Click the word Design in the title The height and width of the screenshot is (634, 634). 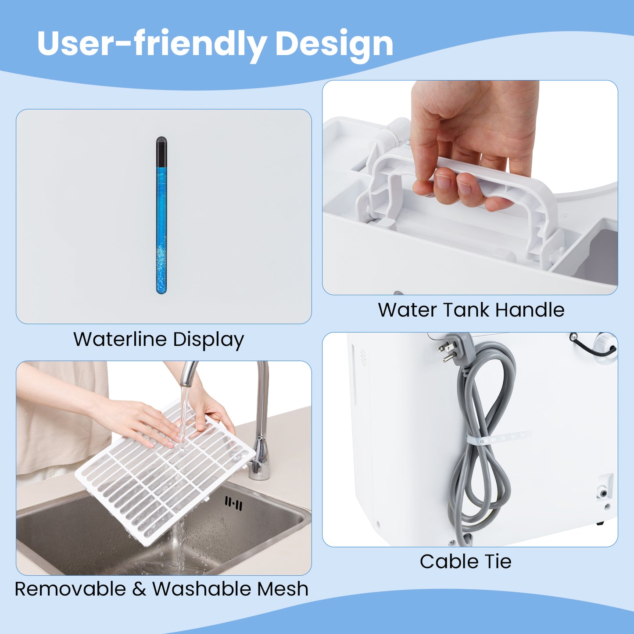pos(334,44)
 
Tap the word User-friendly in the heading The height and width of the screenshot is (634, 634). pos(152,44)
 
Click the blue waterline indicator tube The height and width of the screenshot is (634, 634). pos(161,228)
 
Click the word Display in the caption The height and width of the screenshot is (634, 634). pos(208,340)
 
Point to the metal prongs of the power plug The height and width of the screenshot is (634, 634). pos(446,351)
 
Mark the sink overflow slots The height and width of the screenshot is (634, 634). pos(233,504)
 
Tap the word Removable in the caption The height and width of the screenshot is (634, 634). pos(70,589)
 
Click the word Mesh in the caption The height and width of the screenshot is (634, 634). pos(283,589)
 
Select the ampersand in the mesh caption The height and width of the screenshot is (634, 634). pos(139,589)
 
